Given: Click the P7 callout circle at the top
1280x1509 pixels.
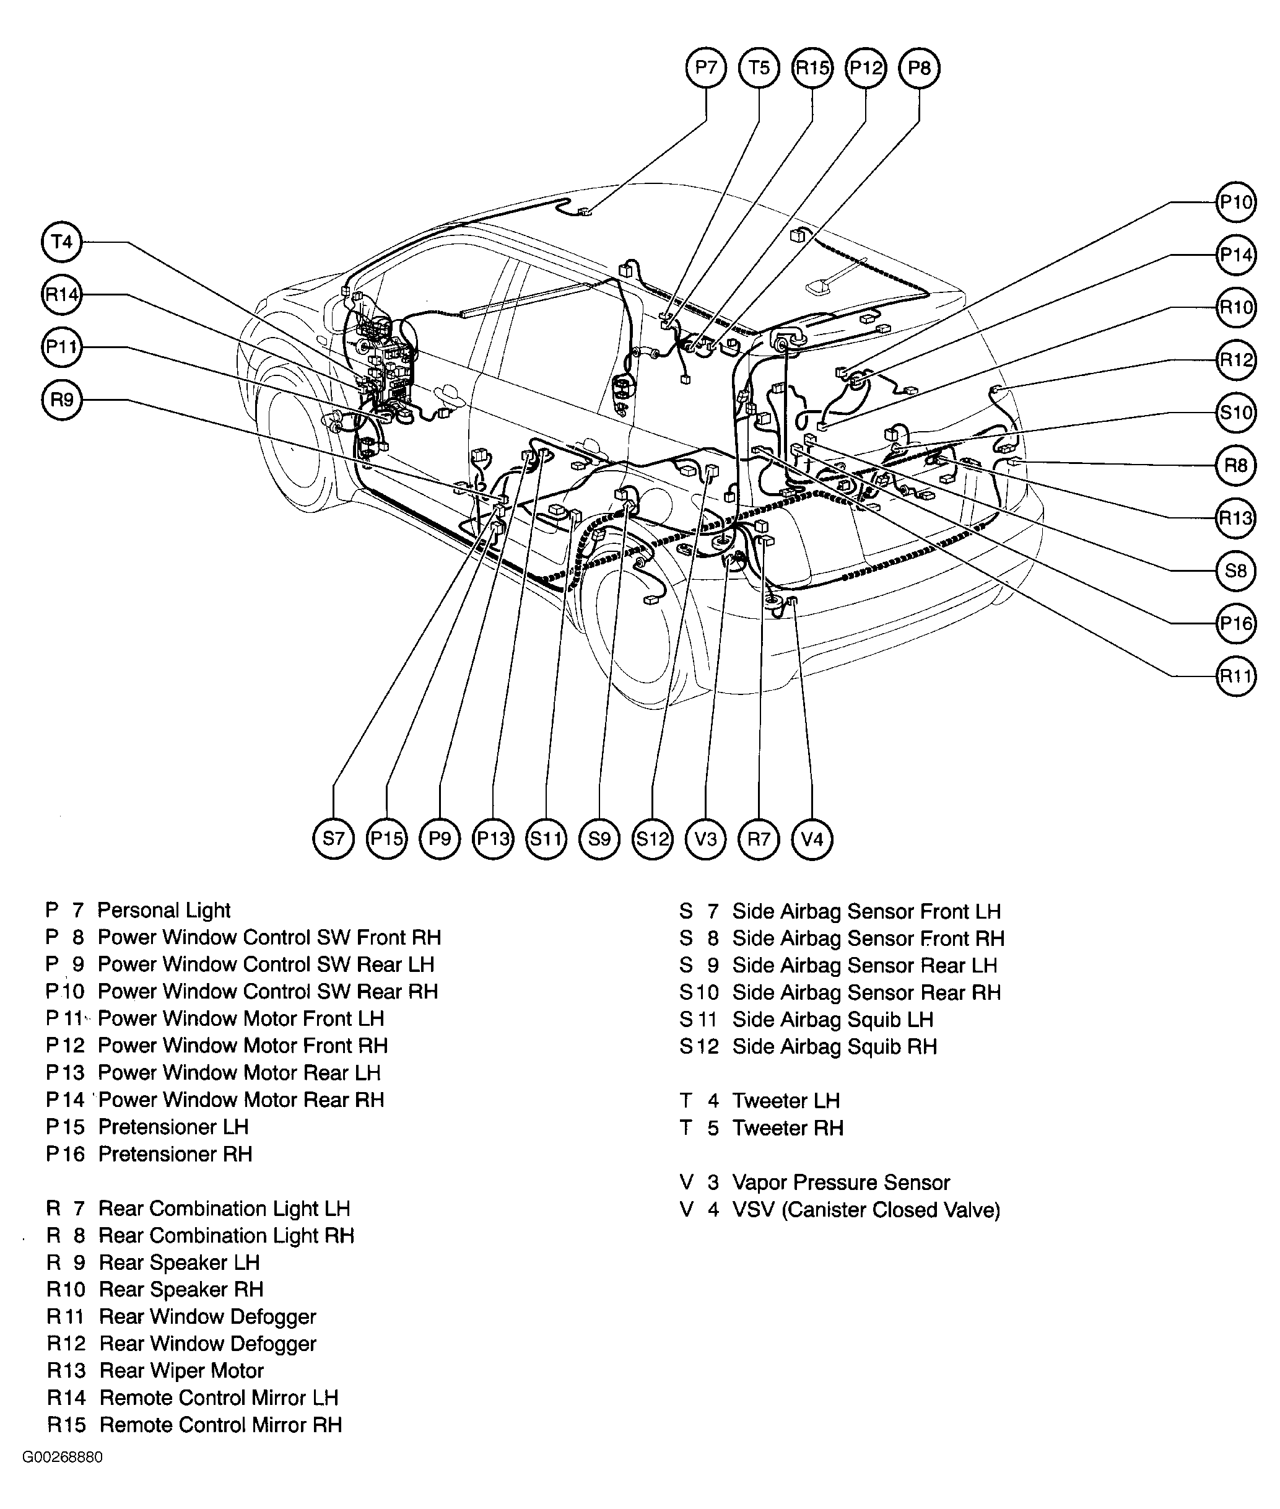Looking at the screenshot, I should coord(705,68).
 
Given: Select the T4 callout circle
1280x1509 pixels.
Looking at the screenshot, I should coord(62,241).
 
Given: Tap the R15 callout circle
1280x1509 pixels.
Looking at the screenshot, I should coord(812,68).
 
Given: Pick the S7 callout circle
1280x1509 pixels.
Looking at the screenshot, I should coord(333,839).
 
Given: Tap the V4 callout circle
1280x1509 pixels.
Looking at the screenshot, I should coord(811,839).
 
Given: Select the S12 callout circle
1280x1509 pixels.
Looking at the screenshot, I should coord(651,839).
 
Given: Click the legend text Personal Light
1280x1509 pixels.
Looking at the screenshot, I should coord(163,910).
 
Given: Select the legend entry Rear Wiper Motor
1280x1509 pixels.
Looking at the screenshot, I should coord(181,1370).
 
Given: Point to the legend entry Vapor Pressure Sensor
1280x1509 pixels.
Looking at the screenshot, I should coord(840,1183).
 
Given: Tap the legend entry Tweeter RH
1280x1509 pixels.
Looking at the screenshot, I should coord(787,1128).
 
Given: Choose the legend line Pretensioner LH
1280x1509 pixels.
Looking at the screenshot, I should coord(173,1127).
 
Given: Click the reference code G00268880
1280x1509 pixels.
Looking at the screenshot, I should coord(63,1458).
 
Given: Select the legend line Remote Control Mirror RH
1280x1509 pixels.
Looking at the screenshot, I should coord(220,1425).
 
